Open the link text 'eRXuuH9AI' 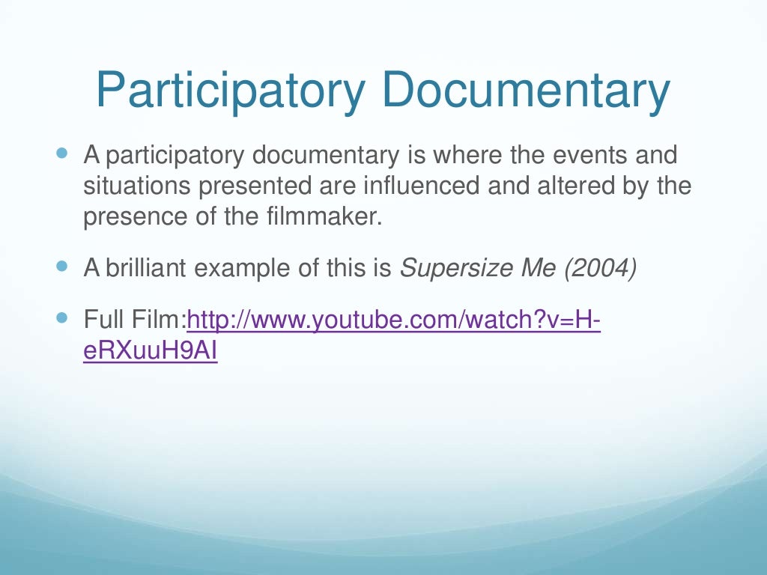[151, 351]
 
